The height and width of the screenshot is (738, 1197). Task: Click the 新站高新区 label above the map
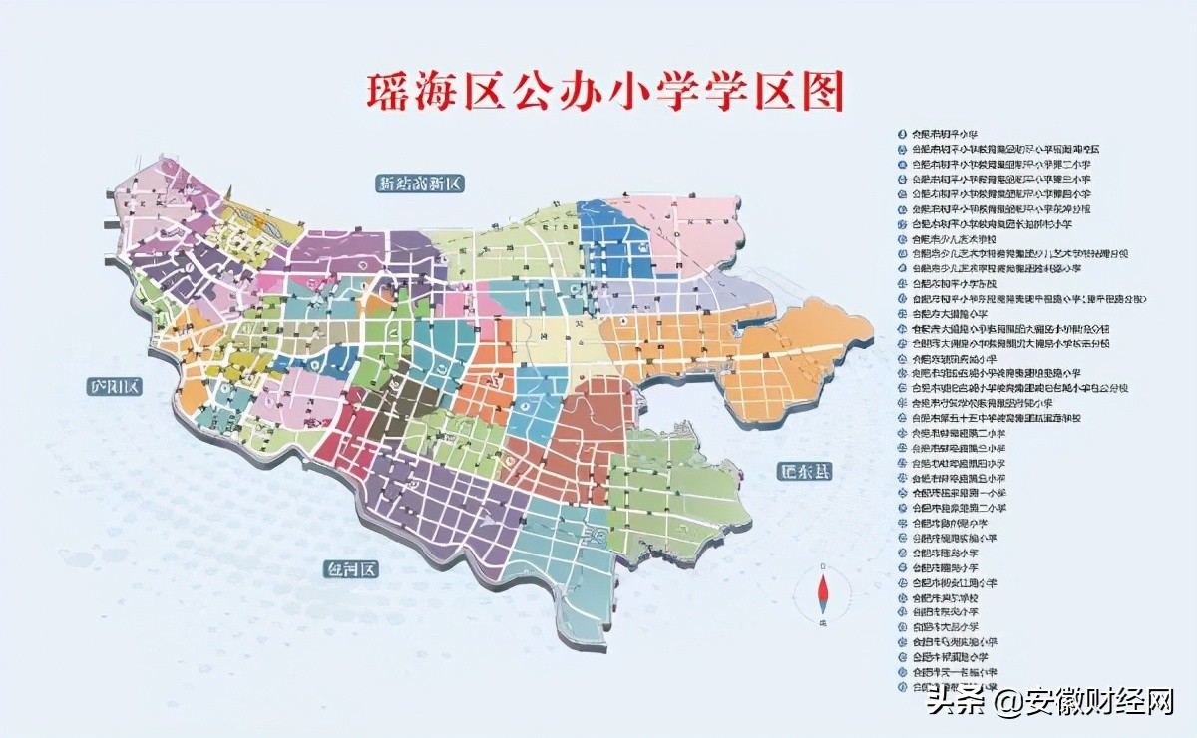click(421, 184)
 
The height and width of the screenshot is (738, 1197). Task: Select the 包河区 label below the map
click(353, 570)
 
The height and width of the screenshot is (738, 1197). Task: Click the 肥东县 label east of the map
click(805, 472)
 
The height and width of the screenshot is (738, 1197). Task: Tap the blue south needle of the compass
click(823, 606)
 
